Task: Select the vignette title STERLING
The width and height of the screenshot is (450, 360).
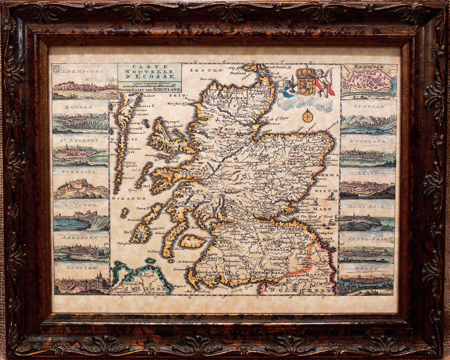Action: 81,172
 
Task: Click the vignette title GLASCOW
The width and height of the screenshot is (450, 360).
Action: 81,267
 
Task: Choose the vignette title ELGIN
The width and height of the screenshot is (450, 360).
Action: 367,173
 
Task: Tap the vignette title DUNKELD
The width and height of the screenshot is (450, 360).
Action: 368,107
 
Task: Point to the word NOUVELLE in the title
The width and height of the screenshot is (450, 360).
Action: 150,72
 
